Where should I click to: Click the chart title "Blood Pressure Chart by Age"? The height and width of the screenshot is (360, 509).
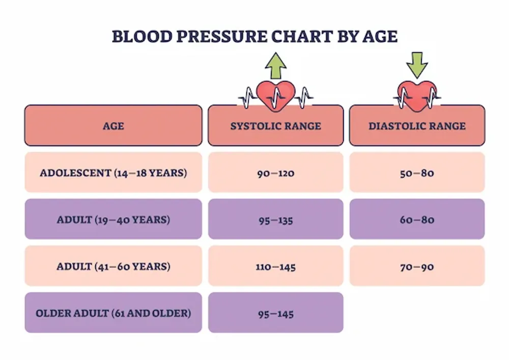coord(254,37)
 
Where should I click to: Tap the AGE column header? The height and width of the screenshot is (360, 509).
coord(113,126)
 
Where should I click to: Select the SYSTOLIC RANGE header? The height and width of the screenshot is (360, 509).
coord(275,126)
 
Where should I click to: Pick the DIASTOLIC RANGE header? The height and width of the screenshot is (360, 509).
coord(417,126)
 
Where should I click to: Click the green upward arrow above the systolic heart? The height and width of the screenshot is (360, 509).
coord(275,65)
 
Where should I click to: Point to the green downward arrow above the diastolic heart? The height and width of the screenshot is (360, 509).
coord(417,64)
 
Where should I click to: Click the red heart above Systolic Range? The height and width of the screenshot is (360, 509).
coord(275,93)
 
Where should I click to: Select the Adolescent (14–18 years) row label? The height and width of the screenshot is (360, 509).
coord(113,173)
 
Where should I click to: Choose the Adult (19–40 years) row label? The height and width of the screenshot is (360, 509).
coord(113,219)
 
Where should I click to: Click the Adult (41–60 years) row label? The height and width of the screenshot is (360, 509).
coord(113,266)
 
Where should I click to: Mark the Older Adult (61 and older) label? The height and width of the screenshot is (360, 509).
coord(113,313)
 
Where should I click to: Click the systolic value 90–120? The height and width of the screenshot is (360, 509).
coord(275,173)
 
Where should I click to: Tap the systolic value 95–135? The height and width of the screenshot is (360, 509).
coord(275,220)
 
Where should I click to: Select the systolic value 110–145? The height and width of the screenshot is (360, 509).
coord(275,267)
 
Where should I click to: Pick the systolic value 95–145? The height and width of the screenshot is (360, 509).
coord(275,314)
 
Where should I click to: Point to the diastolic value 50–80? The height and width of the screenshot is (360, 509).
coord(417,173)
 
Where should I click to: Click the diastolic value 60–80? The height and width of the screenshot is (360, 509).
coord(417,220)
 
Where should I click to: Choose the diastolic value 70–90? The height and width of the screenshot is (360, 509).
coord(417,267)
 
